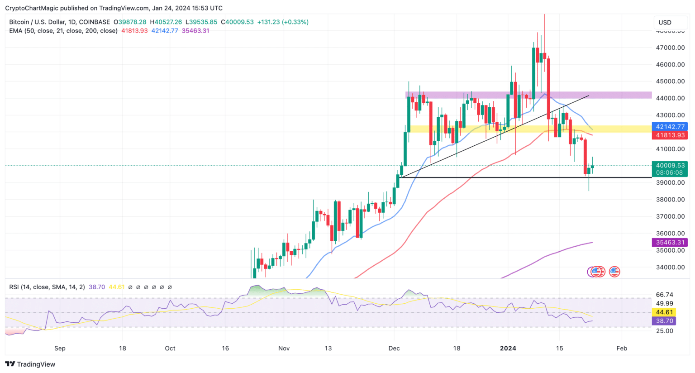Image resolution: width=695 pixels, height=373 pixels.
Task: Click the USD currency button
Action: (x=665, y=23)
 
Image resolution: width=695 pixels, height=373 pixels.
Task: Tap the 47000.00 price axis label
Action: (x=670, y=48)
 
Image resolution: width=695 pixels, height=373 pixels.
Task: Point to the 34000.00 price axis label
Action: (x=670, y=267)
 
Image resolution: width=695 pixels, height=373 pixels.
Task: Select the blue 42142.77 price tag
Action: (x=669, y=127)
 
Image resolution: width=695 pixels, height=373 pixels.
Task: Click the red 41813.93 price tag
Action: (x=669, y=135)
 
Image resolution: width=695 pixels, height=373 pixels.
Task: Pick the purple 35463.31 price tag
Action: (x=669, y=243)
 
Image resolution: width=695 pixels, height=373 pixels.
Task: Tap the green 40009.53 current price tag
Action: (x=669, y=166)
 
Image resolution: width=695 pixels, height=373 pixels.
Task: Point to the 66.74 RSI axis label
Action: (x=664, y=295)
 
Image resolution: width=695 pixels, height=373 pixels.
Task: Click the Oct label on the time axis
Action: (x=170, y=348)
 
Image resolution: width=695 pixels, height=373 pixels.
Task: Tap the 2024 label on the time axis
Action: (x=508, y=348)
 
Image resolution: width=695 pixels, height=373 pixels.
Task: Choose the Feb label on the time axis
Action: (x=622, y=348)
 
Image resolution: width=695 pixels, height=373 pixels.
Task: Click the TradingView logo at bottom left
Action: (x=30, y=364)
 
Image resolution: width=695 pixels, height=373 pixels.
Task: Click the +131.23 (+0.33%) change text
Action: (x=283, y=22)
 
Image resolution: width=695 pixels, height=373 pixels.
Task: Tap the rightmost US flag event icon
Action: (x=614, y=272)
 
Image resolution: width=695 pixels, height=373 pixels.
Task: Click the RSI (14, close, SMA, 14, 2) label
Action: (x=47, y=287)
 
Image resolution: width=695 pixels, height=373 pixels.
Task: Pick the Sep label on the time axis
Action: (x=60, y=348)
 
